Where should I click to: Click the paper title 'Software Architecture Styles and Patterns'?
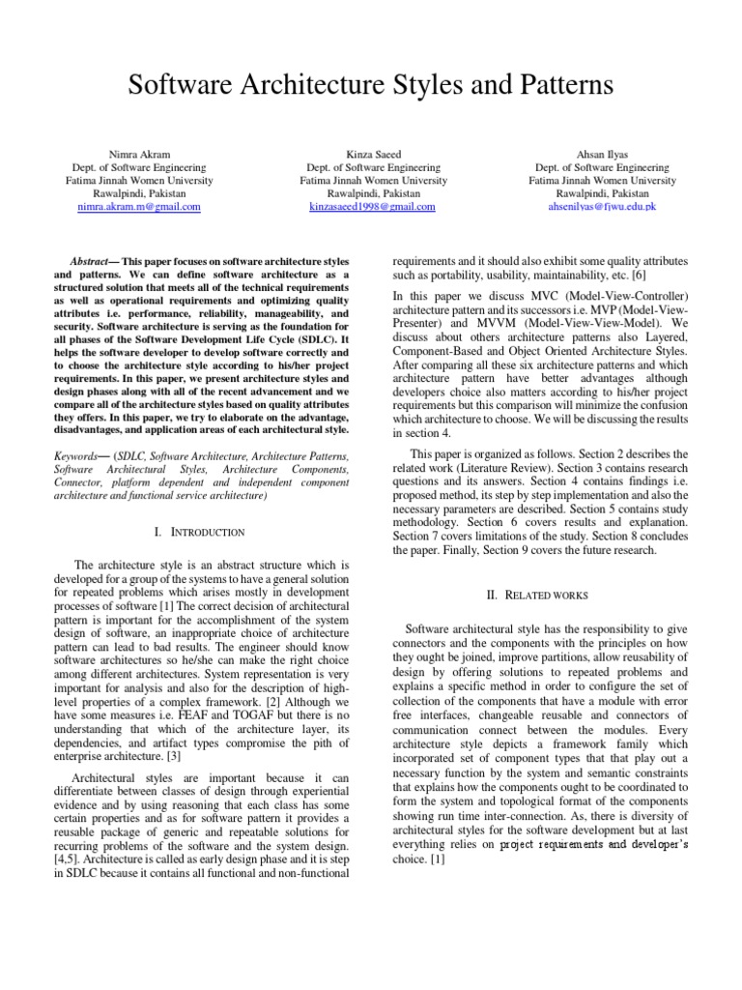(x=371, y=86)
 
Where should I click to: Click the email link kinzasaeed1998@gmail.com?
(x=372, y=207)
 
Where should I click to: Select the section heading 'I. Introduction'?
(x=200, y=532)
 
